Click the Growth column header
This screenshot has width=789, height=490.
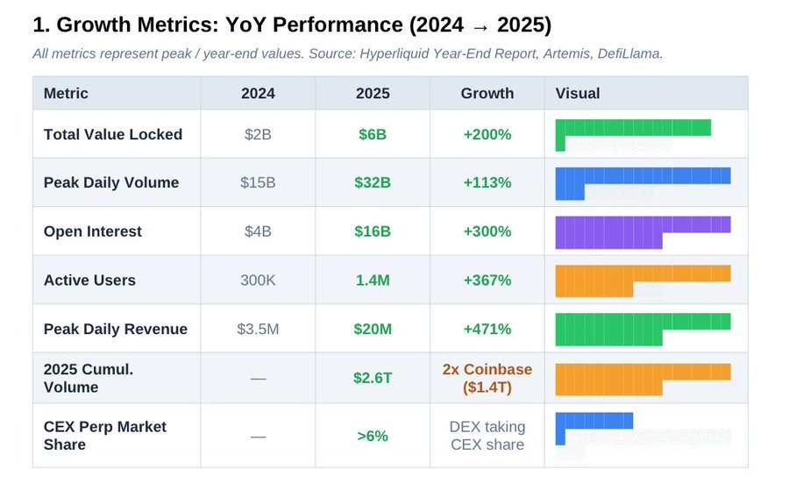point(487,93)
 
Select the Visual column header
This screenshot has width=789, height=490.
point(578,93)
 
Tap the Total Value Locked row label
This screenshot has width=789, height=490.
point(113,134)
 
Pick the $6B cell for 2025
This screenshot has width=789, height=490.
point(373,134)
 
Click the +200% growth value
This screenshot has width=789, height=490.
point(487,134)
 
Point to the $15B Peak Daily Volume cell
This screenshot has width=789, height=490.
point(258,182)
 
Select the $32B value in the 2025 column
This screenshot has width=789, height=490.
point(373,182)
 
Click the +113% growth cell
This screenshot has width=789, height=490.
point(487,182)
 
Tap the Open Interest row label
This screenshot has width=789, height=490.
point(93,231)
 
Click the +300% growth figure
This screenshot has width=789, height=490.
point(487,231)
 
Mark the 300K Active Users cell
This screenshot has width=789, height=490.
point(258,281)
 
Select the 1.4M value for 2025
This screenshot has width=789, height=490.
point(373,281)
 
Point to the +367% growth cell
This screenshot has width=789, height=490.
point(487,281)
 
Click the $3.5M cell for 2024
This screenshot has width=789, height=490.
point(258,329)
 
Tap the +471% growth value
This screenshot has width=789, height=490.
point(487,329)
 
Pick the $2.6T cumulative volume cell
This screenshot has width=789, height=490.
point(373,378)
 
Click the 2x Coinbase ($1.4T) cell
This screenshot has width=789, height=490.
point(487,378)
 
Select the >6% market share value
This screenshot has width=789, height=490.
point(373,436)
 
